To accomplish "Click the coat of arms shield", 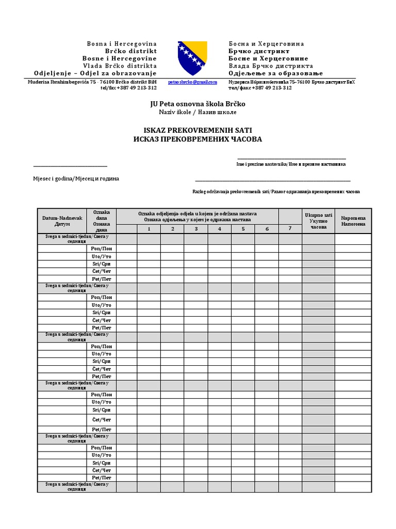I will point(193,58).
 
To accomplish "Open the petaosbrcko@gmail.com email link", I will point(192,82).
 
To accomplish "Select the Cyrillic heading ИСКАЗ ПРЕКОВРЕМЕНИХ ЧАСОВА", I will point(197,139).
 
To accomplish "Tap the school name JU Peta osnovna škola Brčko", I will point(197,104).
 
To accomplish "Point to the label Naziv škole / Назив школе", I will point(197,112).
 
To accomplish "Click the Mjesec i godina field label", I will point(76,178).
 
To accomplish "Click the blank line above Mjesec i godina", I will point(70,166).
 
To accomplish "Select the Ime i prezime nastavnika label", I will point(291,164).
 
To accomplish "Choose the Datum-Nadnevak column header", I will point(62,221).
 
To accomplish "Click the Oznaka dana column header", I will point(101,221).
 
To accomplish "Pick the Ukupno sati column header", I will point(318,221).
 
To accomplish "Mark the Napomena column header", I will point(353,221).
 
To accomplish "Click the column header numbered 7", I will point(290,228).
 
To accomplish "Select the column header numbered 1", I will point(148,229).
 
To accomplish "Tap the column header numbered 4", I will point(220,229).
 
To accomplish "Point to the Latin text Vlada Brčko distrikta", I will point(120,66).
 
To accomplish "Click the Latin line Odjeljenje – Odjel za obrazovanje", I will point(95,73).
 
